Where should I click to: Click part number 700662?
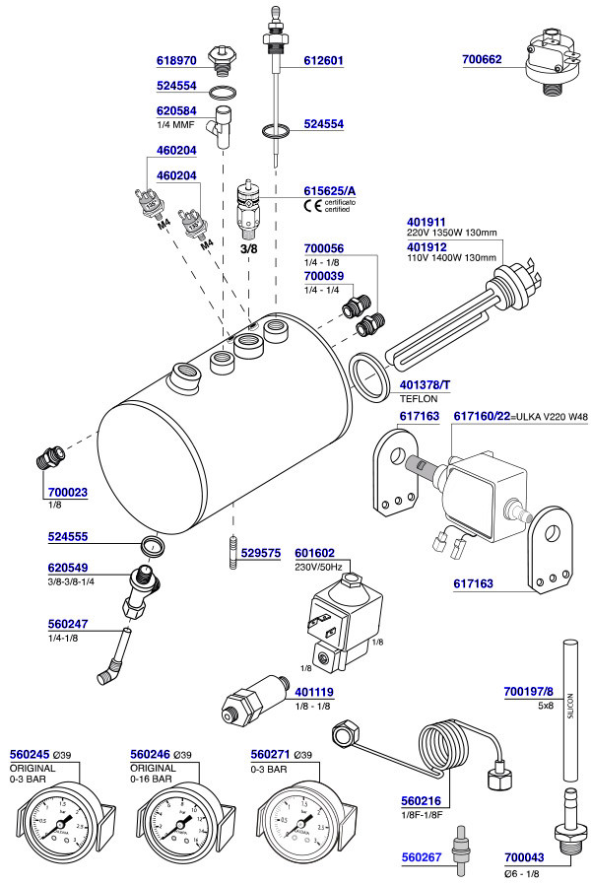pos(482,60)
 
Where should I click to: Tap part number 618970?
pos(177,60)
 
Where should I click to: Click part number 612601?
pos(323,60)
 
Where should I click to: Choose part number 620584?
pos(177,111)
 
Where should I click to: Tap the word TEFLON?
pos(418,399)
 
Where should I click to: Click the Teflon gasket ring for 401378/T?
pos(368,377)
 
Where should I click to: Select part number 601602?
pos(315,554)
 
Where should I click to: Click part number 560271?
pos(271,754)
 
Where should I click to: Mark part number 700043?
pos(524,858)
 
